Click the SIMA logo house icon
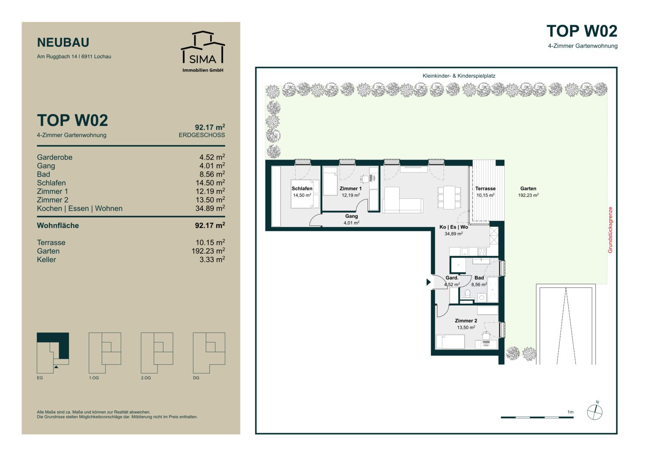(203, 47)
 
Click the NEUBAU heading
(63, 43)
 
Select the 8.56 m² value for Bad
(212, 174)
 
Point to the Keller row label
(46, 260)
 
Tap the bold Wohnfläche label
(58, 225)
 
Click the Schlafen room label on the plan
(302, 189)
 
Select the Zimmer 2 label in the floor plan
(466, 321)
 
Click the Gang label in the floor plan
(351, 216)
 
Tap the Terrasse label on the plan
(485, 189)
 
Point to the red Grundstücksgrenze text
(610, 230)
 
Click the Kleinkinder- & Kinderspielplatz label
(459, 76)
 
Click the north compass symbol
(595, 412)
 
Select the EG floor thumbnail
(53, 353)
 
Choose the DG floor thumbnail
(209, 353)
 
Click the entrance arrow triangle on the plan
(428, 282)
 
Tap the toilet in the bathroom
(467, 293)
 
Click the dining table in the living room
(449, 198)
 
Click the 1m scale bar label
(570, 412)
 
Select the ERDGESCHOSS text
(201, 135)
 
